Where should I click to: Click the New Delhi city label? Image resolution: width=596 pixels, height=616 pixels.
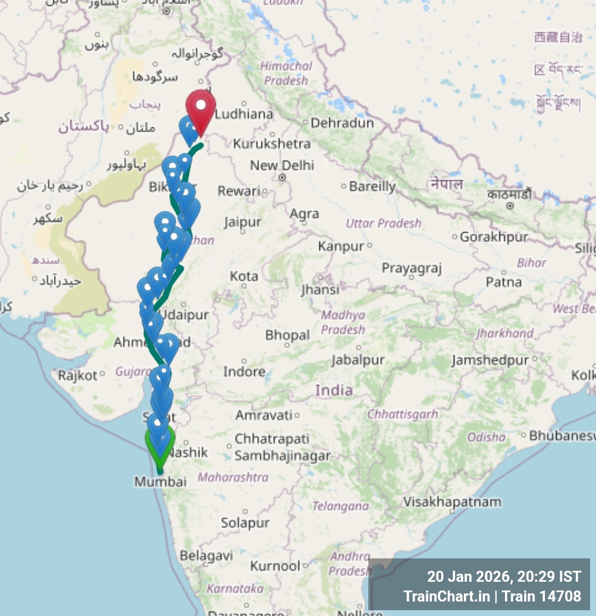pos(282,166)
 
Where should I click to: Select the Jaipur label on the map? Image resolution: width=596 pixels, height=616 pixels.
pos(242,222)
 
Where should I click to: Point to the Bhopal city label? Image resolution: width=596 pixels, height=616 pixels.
pos(288,335)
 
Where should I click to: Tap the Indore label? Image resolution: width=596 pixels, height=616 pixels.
pos(244,371)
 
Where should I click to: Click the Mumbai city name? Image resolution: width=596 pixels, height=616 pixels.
pos(161,482)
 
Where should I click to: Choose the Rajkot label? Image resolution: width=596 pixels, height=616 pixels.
pos(78,375)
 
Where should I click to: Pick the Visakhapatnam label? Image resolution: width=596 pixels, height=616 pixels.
pos(452,502)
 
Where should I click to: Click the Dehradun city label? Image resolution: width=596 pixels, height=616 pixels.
pos(342,123)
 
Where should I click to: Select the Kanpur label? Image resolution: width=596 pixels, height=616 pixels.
pos(341,247)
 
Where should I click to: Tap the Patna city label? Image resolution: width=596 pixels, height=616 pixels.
pos(503,282)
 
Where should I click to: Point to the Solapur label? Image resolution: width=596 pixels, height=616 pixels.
pos(245,523)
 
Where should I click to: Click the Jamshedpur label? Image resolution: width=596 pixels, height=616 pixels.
pos(490,360)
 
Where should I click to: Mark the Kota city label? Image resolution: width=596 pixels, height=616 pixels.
pos(244,276)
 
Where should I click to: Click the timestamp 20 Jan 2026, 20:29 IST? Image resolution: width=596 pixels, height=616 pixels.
pos(504,577)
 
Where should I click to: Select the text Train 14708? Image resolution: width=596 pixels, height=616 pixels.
pos(542,596)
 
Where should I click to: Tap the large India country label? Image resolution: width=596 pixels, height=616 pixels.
pos(334,390)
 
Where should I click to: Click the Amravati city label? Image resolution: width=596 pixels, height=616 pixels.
pos(264,415)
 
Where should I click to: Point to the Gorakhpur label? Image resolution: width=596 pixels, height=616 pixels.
pos(493,237)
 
